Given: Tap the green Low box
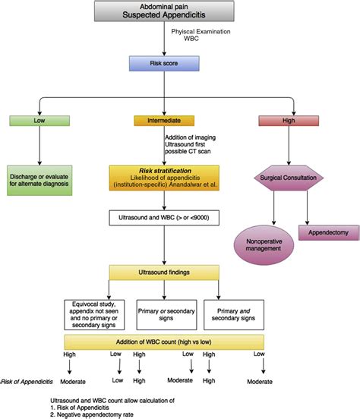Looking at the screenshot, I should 38,120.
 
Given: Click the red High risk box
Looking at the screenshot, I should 288,120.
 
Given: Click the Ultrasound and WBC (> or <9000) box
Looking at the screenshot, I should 163,219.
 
